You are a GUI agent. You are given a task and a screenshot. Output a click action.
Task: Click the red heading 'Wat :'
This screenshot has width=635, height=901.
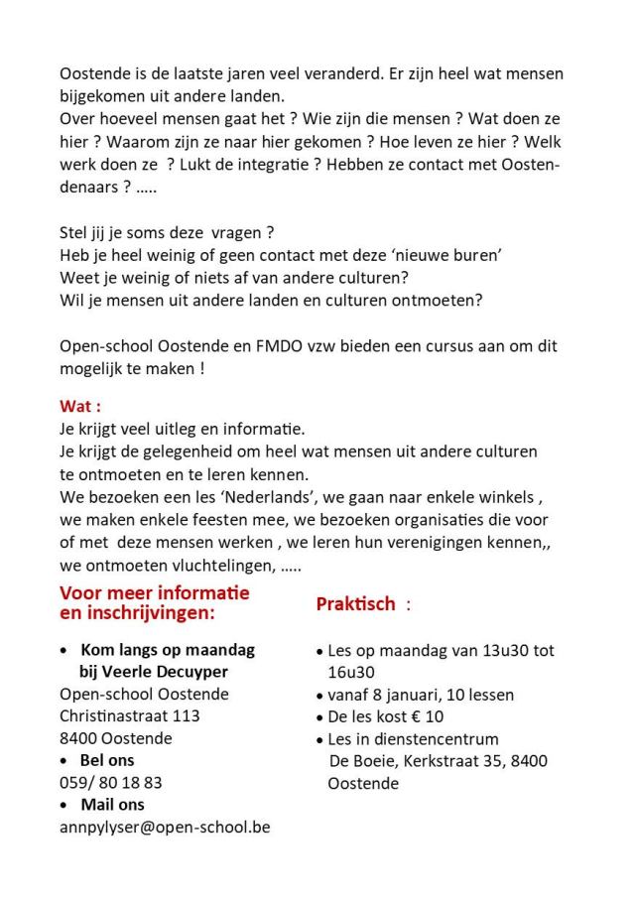pyautogui.click(x=81, y=407)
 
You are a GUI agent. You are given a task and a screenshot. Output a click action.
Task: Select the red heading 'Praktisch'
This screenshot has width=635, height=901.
pyautogui.click(x=356, y=603)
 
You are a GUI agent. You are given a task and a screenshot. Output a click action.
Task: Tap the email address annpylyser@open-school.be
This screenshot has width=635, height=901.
pyautogui.click(x=165, y=826)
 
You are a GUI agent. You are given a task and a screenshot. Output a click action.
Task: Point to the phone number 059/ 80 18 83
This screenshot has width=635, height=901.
pyautogui.click(x=111, y=782)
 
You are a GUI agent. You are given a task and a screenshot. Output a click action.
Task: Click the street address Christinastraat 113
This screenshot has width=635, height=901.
pyautogui.click(x=130, y=715)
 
